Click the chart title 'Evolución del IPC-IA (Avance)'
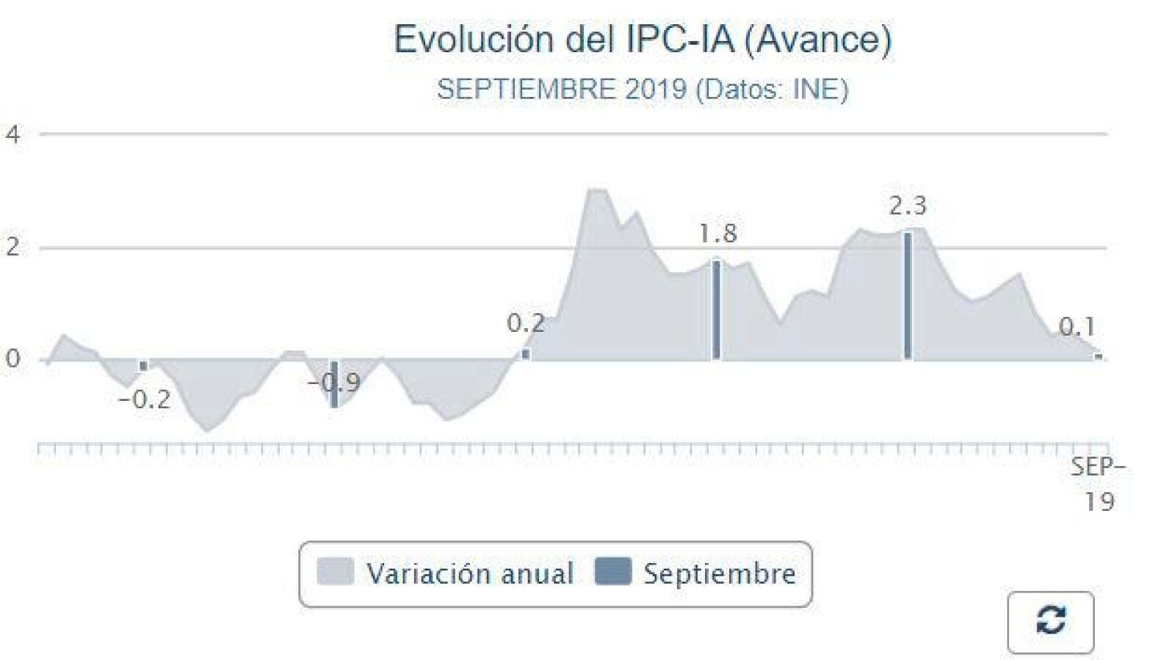(643, 40)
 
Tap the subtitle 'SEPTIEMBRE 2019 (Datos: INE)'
(643, 89)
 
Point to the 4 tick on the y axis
(12, 135)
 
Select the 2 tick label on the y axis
(12, 247)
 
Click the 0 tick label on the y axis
(12, 359)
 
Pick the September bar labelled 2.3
(908, 296)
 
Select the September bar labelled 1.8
(717, 310)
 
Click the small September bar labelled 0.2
(526, 355)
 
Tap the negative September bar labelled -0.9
(334, 384)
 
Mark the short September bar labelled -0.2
(143, 366)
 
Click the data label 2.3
(908, 206)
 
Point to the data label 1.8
(718, 233)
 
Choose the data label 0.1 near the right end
(1077, 327)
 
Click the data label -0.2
(145, 401)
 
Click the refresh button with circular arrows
(1051, 623)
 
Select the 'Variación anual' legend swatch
(335, 571)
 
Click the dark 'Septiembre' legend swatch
(613, 571)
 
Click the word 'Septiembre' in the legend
(720, 573)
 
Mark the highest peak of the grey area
(597, 190)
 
